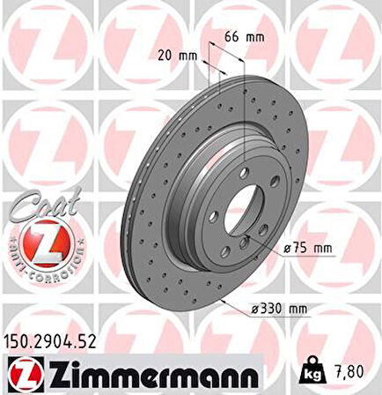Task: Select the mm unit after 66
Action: [x=257, y=38]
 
